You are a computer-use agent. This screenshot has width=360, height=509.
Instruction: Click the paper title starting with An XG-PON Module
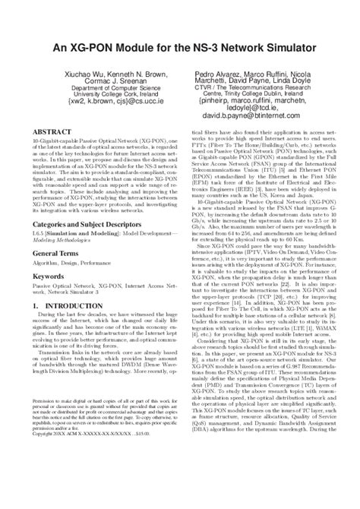point(180,48)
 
